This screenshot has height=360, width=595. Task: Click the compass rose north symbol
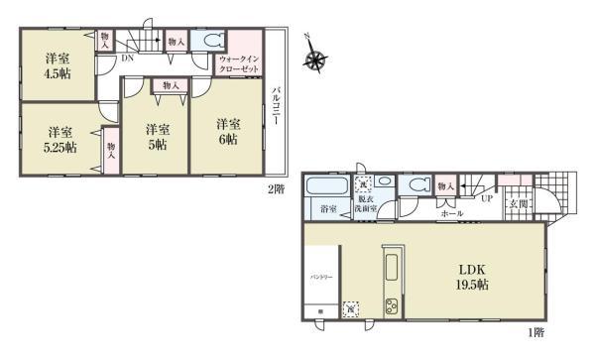[x=316, y=61]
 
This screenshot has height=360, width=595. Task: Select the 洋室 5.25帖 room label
[x=59, y=140]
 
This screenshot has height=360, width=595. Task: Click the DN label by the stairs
[x=127, y=58]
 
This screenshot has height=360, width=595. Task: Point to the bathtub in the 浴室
[x=324, y=186]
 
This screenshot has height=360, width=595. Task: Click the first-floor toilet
[x=416, y=184]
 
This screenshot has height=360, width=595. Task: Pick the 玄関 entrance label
[x=517, y=204]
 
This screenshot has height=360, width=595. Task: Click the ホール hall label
[x=451, y=212]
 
